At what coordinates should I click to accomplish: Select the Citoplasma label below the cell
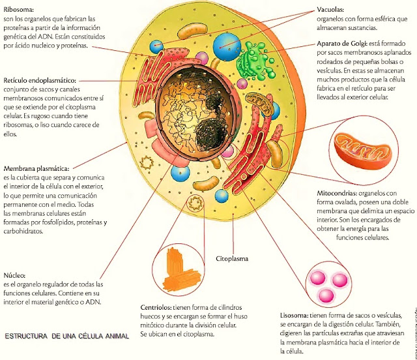[x=235, y=259]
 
